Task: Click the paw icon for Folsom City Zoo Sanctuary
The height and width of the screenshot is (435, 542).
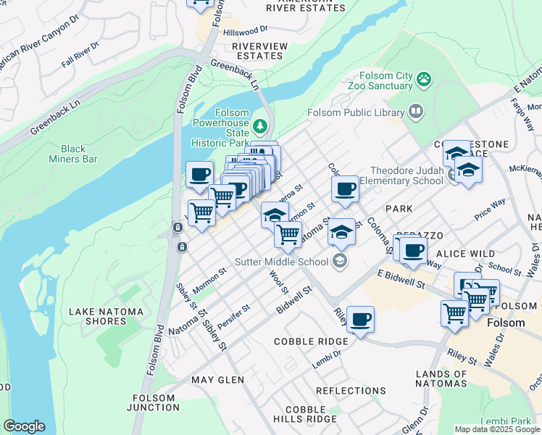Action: coord(424,78)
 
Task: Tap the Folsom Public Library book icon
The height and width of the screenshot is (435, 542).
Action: coord(416,112)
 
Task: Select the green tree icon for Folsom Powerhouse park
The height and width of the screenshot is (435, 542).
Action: coord(259,128)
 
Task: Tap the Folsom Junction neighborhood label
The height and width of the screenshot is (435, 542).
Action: coord(154,402)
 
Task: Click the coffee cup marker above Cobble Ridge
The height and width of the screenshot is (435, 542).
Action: coord(360,319)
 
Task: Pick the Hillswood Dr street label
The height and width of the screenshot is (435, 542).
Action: coord(246,30)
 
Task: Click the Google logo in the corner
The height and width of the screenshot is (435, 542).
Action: coord(23,426)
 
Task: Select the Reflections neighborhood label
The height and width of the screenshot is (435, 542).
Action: coord(351,391)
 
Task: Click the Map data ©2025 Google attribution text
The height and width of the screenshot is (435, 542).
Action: coord(496,429)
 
